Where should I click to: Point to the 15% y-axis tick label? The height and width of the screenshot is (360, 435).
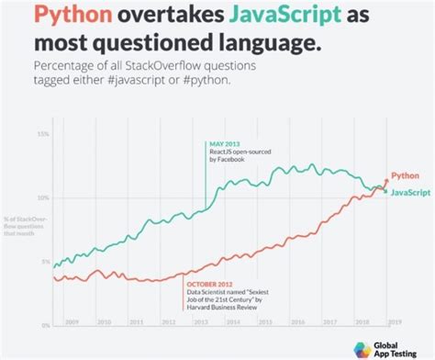point(43,134)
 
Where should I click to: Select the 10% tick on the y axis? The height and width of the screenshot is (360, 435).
point(43,197)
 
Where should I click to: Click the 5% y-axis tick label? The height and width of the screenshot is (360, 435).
point(45,262)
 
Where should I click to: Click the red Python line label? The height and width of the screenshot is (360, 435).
point(406,174)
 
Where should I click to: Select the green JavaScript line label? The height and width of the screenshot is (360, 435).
point(413,194)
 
